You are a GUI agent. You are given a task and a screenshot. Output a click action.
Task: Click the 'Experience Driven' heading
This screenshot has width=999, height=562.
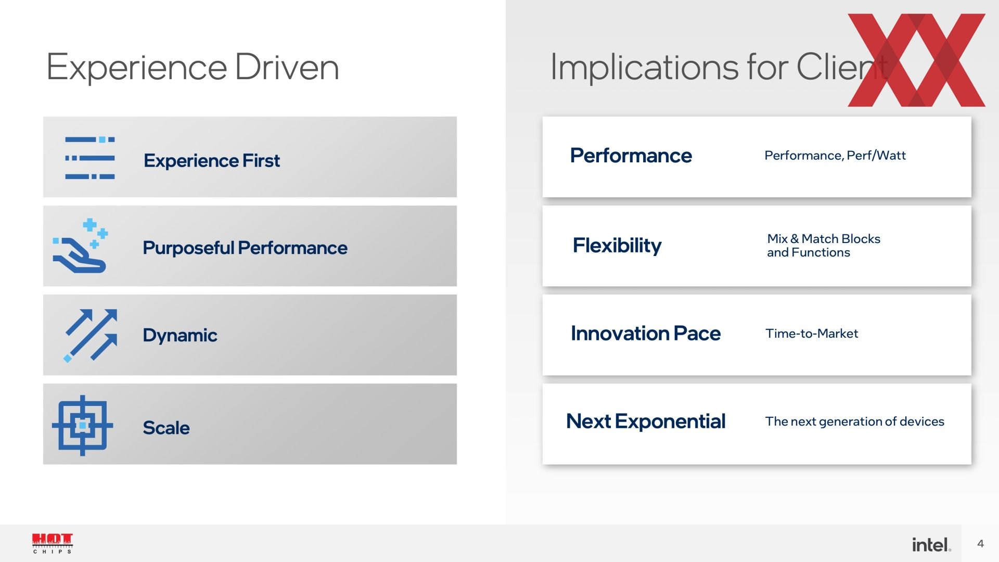[x=193, y=68]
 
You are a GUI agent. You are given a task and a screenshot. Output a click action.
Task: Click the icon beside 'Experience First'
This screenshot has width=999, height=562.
[x=90, y=158]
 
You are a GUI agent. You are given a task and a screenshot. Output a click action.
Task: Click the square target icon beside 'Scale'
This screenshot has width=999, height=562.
[x=82, y=426]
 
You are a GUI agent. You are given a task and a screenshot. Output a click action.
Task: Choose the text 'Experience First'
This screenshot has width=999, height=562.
[x=212, y=161]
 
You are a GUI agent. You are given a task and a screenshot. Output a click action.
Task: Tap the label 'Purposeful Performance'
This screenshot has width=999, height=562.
[x=245, y=248]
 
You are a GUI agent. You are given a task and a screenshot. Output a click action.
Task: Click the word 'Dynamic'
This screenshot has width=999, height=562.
[x=180, y=336]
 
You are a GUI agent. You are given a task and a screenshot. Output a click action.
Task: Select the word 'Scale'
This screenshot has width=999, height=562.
[x=166, y=428]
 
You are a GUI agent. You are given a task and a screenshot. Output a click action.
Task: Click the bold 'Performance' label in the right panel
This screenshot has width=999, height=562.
[x=631, y=156]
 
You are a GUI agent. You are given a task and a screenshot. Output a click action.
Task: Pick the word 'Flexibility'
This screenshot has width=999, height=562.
[x=617, y=246]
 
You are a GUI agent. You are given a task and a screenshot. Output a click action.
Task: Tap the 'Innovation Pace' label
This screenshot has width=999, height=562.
[x=646, y=334]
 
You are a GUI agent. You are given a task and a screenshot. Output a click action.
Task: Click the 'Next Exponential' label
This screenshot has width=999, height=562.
[x=646, y=421]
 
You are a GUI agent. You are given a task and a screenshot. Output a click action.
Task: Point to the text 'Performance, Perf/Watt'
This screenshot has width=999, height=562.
[x=835, y=156]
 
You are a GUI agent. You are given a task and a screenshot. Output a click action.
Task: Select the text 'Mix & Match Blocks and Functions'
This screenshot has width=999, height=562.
[x=824, y=246]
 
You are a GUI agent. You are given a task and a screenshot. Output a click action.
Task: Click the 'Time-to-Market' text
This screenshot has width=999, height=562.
[x=812, y=334]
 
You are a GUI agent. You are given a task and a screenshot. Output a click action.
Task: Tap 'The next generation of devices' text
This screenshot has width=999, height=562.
[x=855, y=421]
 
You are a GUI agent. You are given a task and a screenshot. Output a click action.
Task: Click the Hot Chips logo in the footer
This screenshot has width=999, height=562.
[x=53, y=543]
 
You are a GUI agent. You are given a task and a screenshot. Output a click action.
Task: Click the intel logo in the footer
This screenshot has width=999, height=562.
[x=931, y=544]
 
